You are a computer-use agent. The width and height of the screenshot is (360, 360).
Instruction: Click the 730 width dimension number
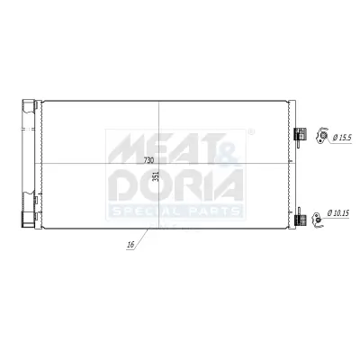click(148, 159)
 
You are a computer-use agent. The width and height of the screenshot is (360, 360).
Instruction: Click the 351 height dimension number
click(155, 176)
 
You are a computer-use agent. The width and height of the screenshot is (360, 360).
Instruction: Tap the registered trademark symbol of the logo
click(250, 133)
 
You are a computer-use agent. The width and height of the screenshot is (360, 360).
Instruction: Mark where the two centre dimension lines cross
click(158, 163)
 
